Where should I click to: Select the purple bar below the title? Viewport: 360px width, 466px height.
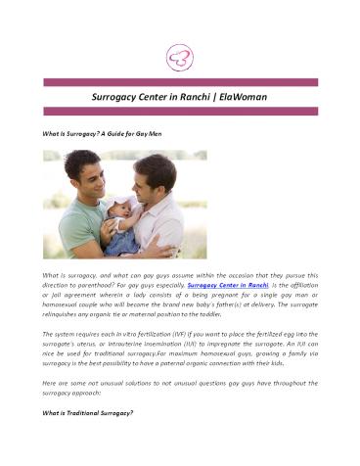179,113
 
